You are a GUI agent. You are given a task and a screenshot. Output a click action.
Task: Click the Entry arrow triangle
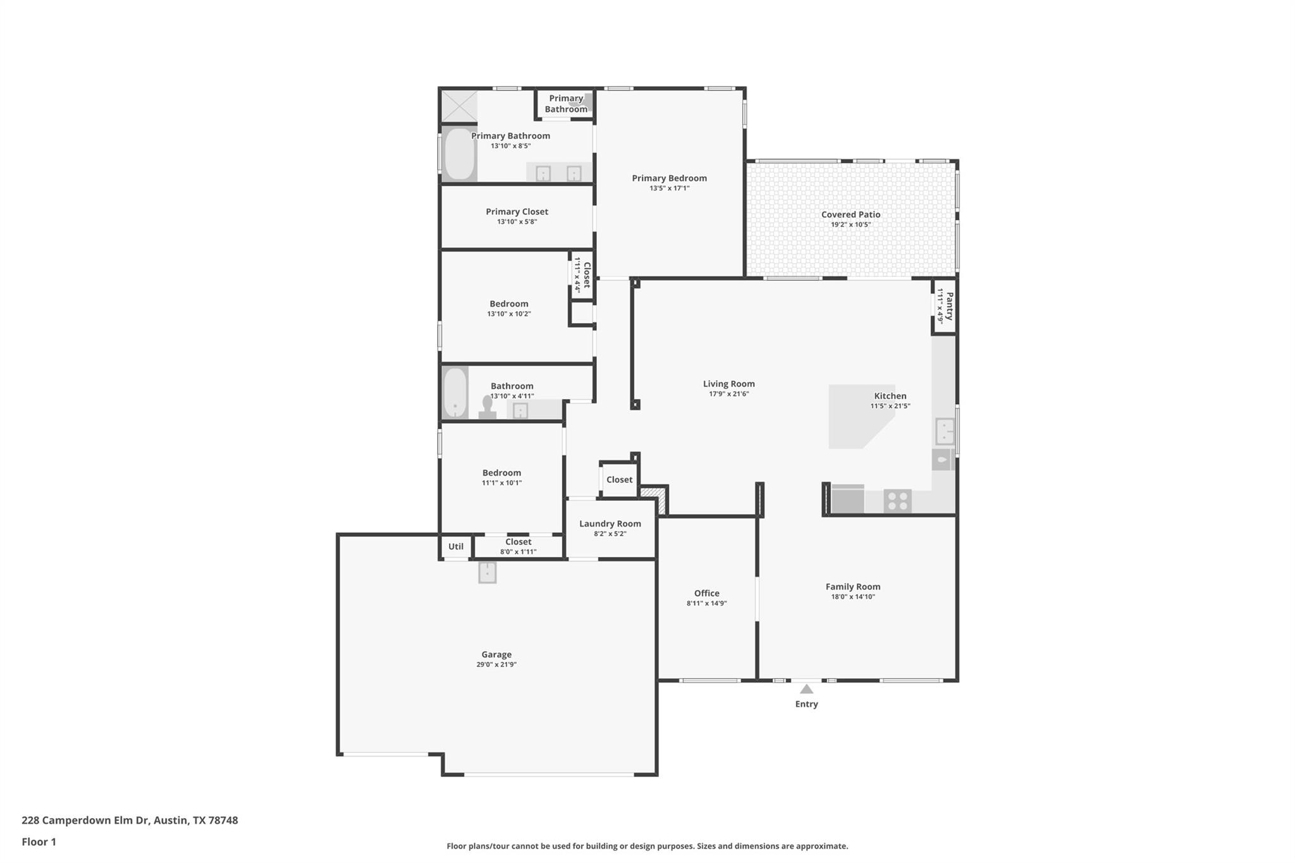tap(806, 689)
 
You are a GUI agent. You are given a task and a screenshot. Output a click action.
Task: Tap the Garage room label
tap(496, 654)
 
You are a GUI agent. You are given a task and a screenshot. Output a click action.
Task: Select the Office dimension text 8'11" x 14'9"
tap(706, 603)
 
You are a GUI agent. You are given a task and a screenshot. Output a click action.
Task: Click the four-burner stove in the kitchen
tap(897, 501)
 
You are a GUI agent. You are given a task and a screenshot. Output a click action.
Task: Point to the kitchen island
tap(854, 417)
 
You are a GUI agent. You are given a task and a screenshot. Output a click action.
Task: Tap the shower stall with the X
tap(458, 106)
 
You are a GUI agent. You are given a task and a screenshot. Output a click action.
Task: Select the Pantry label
tap(949, 306)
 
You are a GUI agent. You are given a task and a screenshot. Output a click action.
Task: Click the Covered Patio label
tap(850, 214)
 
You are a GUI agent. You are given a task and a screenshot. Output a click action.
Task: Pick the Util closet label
tap(455, 546)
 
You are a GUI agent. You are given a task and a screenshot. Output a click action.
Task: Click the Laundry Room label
tap(610, 523)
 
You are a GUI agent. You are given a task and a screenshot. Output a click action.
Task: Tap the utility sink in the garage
tap(487, 573)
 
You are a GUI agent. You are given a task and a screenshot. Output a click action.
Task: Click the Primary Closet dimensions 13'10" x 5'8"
tap(517, 222)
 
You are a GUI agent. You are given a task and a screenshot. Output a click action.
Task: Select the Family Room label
tap(852, 587)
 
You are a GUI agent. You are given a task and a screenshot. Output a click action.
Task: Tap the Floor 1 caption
tap(39, 842)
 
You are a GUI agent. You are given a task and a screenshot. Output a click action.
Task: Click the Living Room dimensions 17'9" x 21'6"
tap(728, 394)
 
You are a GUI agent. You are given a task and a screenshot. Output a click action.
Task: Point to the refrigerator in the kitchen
tap(847, 499)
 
